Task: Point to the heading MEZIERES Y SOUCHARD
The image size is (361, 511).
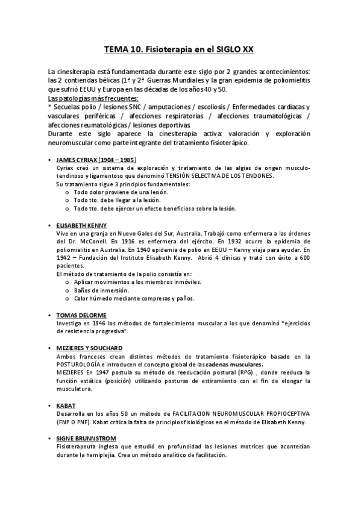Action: [83, 348]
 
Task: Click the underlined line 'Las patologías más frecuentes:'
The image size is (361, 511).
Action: [92, 98]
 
